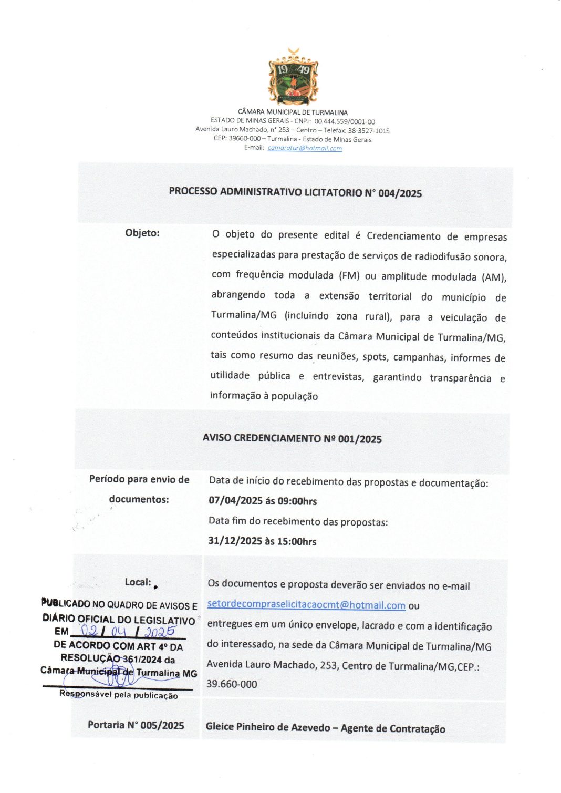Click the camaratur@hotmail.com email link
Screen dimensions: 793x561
coord(305,148)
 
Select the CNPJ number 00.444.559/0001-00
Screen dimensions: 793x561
coord(345,121)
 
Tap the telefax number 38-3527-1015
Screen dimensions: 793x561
coord(369,130)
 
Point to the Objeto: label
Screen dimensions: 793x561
coord(142,233)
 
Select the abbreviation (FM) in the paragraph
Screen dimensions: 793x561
coord(349,275)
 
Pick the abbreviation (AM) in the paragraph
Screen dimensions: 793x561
coord(494,277)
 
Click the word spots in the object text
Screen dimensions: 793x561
coord(375,357)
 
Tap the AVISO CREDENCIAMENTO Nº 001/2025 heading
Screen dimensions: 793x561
coord(292,438)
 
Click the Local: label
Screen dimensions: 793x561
coord(138,582)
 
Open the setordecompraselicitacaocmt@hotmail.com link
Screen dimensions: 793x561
coord(306,605)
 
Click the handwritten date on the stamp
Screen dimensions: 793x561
coord(128,631)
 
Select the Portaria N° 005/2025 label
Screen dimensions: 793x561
coord(136,725)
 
